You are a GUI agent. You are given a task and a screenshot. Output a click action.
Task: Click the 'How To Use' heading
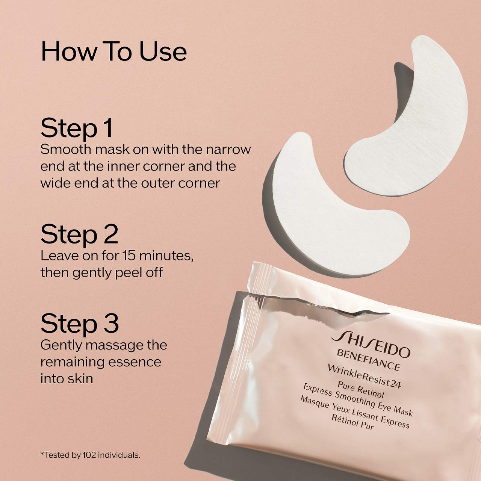[114, 51]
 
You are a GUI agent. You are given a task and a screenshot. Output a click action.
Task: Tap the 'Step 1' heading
[76, 128]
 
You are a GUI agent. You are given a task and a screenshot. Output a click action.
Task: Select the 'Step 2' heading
[79, 235]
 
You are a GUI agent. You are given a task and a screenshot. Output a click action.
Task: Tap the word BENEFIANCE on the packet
[369, 360]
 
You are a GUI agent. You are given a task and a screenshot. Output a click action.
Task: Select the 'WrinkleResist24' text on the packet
[364, 377]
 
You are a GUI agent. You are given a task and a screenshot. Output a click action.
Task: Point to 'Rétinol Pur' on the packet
[353, 422]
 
